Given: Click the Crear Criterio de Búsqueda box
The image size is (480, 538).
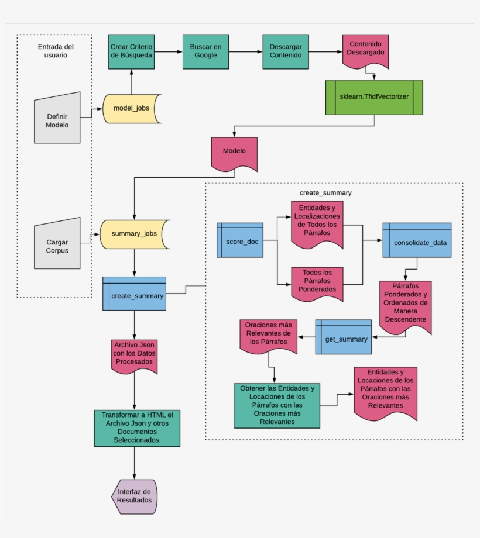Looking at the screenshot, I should click(131, 51).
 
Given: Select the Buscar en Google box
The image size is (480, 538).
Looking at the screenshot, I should click(204, 51).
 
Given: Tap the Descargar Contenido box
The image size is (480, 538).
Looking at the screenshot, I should click(286, 51).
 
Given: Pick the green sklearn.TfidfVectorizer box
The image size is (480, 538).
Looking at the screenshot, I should click(374, 97).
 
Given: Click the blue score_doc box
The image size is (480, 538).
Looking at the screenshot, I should click(240, 240).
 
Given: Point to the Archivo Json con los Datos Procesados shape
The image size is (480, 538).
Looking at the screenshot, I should click(134, 354).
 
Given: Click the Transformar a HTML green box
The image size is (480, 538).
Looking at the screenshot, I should click(136, 428).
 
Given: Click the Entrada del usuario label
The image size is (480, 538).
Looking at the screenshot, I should click(56, 51).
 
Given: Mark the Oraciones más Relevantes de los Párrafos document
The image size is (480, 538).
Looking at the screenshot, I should click(268, 336).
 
